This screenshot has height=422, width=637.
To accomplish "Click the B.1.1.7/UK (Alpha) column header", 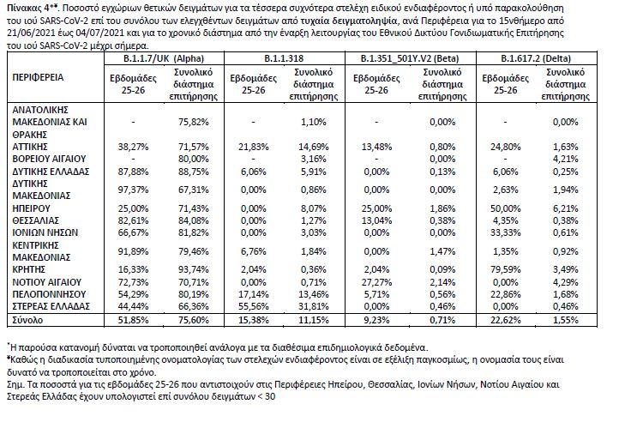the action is coord(164,58).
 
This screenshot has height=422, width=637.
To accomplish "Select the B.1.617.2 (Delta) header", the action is coord(536,58).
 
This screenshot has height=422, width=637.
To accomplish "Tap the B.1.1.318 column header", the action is coord(284,58).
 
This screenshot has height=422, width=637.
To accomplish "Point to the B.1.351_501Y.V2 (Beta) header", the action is coord(410,58).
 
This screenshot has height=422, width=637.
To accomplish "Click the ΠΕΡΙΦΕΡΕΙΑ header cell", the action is coord(38,77).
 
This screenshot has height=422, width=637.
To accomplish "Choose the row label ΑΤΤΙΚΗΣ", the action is coord(30,147).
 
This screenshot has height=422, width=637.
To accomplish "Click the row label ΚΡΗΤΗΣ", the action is coord(29,269).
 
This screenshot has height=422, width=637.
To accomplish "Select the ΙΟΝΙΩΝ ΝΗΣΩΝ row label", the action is coord(45,232).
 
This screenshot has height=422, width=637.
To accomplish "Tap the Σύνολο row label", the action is coord(27,320).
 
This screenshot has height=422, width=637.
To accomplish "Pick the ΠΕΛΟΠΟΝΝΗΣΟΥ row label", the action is coord(49,294).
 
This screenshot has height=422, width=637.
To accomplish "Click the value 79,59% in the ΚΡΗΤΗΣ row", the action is coord(505,269).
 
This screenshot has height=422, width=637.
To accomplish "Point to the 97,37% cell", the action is coord(133,190).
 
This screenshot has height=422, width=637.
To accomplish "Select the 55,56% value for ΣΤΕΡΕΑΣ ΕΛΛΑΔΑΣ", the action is coord(254,306).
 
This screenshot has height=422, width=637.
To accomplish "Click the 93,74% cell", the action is coord(194,269).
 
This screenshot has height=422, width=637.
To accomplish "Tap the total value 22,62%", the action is coord(505,320).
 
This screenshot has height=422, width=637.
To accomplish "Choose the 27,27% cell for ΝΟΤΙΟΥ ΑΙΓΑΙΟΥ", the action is coord(376,282).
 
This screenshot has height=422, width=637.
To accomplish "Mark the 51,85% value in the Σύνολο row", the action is coord(133,320).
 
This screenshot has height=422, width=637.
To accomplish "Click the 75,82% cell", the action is coord(194,122).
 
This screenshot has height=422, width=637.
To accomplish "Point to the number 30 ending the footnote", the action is coord(270,396).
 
